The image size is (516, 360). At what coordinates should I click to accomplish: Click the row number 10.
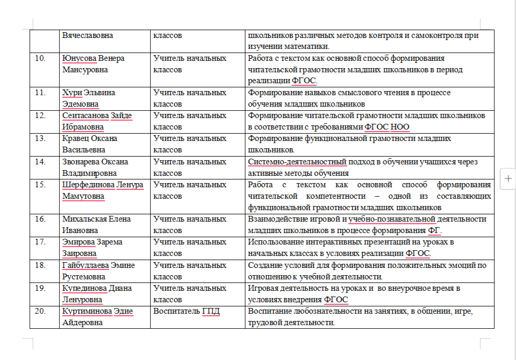40,58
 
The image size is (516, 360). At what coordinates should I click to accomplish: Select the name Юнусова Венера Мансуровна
93,64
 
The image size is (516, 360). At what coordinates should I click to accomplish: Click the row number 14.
40,162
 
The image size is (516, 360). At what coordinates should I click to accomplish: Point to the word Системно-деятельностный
297,162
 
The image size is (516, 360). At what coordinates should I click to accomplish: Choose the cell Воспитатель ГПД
187,312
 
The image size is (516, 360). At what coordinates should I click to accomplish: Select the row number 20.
40,312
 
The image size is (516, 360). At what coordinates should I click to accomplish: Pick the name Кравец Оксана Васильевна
89,144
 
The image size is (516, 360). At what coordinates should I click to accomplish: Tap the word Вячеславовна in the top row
88,35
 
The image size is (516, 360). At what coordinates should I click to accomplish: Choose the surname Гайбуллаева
85,265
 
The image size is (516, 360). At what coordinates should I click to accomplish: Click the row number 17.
40,242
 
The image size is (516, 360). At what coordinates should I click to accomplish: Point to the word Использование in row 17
274,242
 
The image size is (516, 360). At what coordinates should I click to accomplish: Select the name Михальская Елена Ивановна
96,225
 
